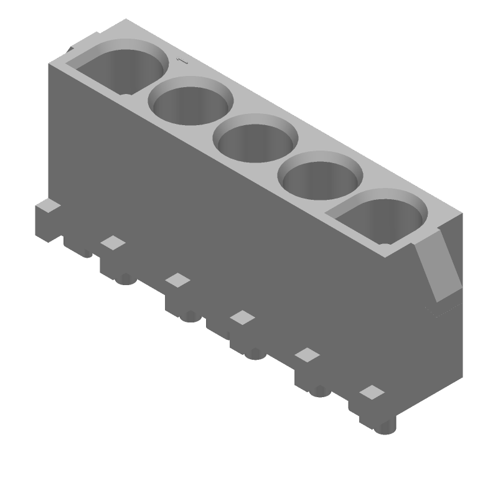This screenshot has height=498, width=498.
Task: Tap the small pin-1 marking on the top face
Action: click(181, 61)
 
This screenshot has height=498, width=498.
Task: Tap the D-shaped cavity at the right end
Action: click(383, 217)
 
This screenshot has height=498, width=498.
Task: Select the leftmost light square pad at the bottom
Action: click(113, 243)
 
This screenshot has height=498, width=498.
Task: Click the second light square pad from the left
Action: click(178, 280)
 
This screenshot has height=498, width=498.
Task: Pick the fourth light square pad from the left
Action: click(307, 355)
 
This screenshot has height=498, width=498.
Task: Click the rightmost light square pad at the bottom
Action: click(372, 392)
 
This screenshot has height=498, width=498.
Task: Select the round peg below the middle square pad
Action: click(254, 353)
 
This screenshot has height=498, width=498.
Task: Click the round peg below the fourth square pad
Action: click(320, 390)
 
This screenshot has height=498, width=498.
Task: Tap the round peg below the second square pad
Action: click(192, 316)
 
